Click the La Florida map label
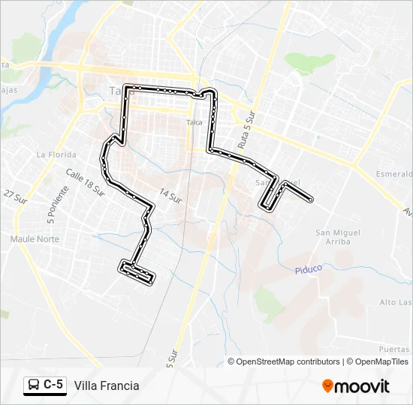coord(52,154)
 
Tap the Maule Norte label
coord(35,238)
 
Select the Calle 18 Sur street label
coord(85,182)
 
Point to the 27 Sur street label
coord(14,196)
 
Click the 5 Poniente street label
coord(53,205)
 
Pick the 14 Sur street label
coord(171,197)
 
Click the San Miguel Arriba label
coord(338,237)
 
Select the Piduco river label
coord(308,268)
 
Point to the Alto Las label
coord(395,302)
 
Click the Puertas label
coord(394,349)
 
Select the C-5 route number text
coord(53,385)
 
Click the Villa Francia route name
coord(107,385)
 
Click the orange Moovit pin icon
coord(328,385)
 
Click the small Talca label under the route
coord(194,121)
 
